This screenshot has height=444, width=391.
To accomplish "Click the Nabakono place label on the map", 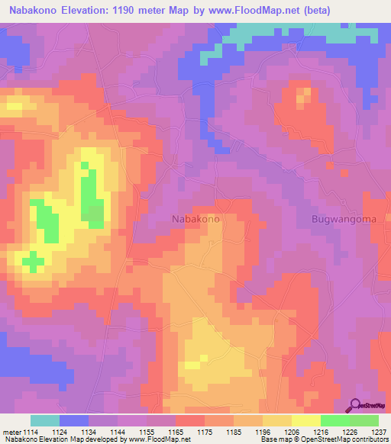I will click(196, 219).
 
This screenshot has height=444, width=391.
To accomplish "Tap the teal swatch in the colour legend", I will click(45, 420).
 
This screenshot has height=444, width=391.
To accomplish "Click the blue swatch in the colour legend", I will click(74, 420).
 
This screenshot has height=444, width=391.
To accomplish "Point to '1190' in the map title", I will click(144, 10).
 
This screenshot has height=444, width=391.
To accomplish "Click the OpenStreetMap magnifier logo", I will click(355, 407).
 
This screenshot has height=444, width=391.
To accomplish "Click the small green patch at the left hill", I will click(32, 262).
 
